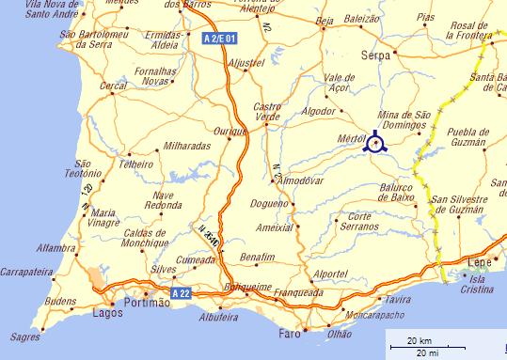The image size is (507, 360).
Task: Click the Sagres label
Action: click(x=26, y=336)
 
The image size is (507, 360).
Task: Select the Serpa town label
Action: click(x=376, y=56)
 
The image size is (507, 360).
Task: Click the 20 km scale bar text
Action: click(x=420, y=338)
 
